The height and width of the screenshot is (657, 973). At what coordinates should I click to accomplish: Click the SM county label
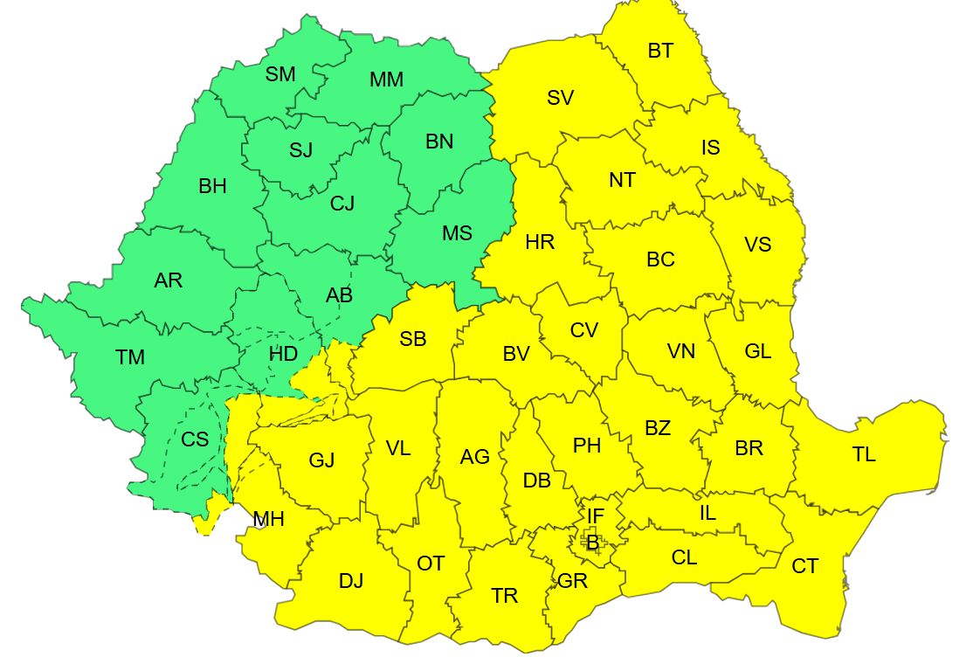pos(280,74)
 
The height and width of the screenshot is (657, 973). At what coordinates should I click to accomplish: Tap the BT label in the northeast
pos(660,51)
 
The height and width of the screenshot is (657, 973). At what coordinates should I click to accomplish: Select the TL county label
pos(864,454)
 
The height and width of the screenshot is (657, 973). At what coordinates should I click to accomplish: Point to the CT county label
pos(804,566)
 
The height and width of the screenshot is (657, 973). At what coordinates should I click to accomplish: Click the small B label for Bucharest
pos(593,543)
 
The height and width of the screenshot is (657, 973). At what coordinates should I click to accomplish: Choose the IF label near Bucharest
pos(595,516)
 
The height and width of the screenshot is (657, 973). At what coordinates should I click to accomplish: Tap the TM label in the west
pos(129,356)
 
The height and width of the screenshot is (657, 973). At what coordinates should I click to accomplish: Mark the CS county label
pos(195,439)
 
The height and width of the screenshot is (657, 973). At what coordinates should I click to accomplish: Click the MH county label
pos(268,519)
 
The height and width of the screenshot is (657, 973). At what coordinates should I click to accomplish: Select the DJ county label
pos(351,580)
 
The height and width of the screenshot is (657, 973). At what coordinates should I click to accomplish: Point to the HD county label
pos(281,354)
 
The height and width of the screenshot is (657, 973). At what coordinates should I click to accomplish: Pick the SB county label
pos(412,339)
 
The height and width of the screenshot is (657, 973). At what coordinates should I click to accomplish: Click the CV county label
pos(583,330)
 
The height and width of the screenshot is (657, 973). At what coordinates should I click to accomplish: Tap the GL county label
pos(757,351)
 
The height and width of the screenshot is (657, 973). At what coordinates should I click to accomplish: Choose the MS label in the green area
pos(456,233)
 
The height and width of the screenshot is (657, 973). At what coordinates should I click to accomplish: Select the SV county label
pos(560,98)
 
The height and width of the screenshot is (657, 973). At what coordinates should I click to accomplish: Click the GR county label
pos(572,581)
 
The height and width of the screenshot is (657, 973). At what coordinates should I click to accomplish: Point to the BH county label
pos(212,185)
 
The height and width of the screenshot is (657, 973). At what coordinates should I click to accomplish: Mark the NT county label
pos(622,180)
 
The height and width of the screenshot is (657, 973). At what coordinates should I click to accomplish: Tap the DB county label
pos(536,480)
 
